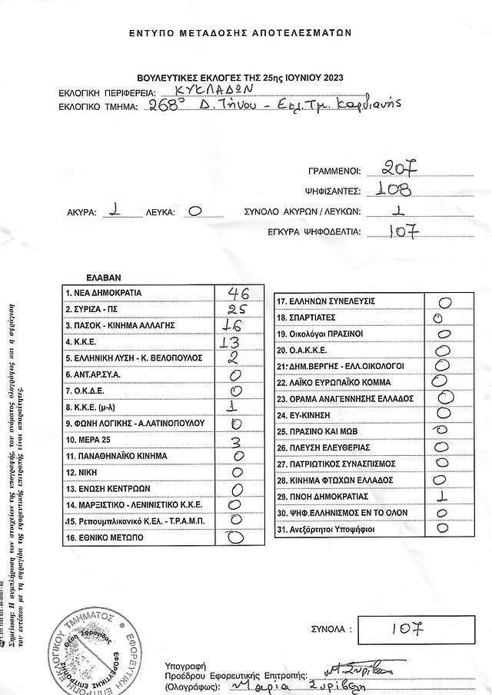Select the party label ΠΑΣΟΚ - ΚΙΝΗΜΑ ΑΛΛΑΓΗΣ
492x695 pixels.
tap(122, 325)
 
